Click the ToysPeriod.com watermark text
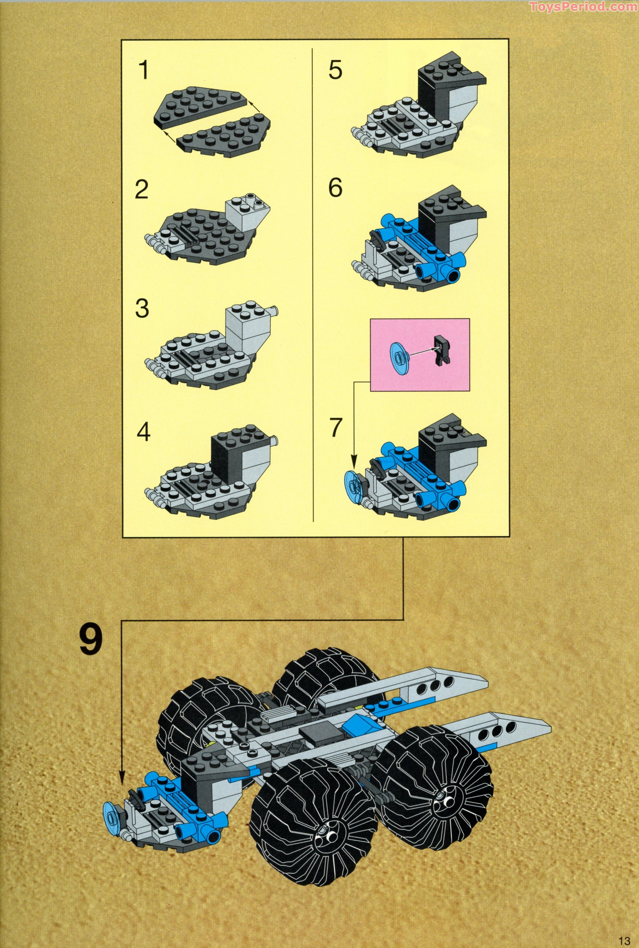point(583,7)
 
